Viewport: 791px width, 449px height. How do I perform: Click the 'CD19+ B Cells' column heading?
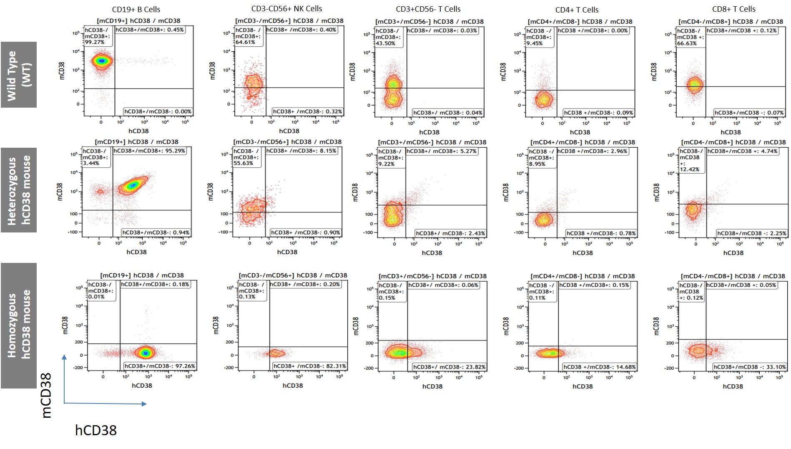point(136,9)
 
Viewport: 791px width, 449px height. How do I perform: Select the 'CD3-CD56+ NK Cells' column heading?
point(286,8)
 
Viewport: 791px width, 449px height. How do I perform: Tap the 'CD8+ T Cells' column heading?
point(733,9)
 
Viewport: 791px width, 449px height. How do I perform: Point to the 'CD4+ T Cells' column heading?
point(577,10)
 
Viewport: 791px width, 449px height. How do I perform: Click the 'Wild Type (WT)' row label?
point(19,75)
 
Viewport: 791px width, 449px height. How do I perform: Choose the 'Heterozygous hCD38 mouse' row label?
point(19,190)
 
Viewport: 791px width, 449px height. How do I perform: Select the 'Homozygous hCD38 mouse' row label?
point(19,325)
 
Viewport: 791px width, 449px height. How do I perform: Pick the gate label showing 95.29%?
point(150,151)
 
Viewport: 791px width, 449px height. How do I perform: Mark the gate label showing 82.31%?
point(310,366)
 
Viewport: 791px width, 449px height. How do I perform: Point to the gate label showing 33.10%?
point(750,367)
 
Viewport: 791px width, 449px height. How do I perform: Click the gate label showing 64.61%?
point(248,36)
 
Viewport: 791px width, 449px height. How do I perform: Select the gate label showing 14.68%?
point(600,367)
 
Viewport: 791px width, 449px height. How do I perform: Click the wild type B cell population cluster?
point(101,61)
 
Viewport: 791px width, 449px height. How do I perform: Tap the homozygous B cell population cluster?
point(145,353)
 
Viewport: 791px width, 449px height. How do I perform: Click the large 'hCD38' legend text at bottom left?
point(96,430)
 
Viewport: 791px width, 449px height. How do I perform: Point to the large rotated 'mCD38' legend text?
point(46,395)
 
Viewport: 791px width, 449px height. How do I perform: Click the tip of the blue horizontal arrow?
point(146,404)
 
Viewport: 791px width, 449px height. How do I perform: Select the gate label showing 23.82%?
point(449,367)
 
